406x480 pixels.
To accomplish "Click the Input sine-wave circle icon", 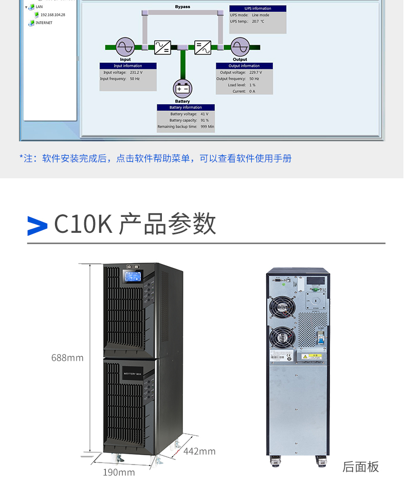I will [x=125, y=47].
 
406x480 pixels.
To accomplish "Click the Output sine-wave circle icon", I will [x=239, y=47].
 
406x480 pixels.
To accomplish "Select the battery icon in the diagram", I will [x=182, y=88].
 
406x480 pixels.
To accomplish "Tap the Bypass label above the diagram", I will [x=182, y=7].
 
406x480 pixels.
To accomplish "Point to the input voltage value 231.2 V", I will [x=136, y=72].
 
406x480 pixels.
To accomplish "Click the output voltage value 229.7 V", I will [x=255, y=72].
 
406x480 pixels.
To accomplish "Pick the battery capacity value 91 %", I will [x=204, y=120].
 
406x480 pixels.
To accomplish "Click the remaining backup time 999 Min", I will [x=207, y=126].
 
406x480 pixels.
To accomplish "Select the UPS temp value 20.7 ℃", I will [x=257, y=22].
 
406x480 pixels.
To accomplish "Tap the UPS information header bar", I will [x=257, y=8].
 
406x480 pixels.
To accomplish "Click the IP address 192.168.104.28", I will [x=52, y=15].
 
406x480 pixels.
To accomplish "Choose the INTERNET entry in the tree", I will [x=44, y=23].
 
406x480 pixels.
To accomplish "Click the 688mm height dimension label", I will [x=67, y=358].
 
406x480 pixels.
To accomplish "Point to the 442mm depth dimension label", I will [x=199, y=451].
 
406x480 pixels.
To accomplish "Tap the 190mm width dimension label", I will [x=119, y=472].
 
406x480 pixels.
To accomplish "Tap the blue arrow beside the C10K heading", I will [x=37, y=225].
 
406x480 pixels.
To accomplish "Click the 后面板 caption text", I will [x=360, y=467].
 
